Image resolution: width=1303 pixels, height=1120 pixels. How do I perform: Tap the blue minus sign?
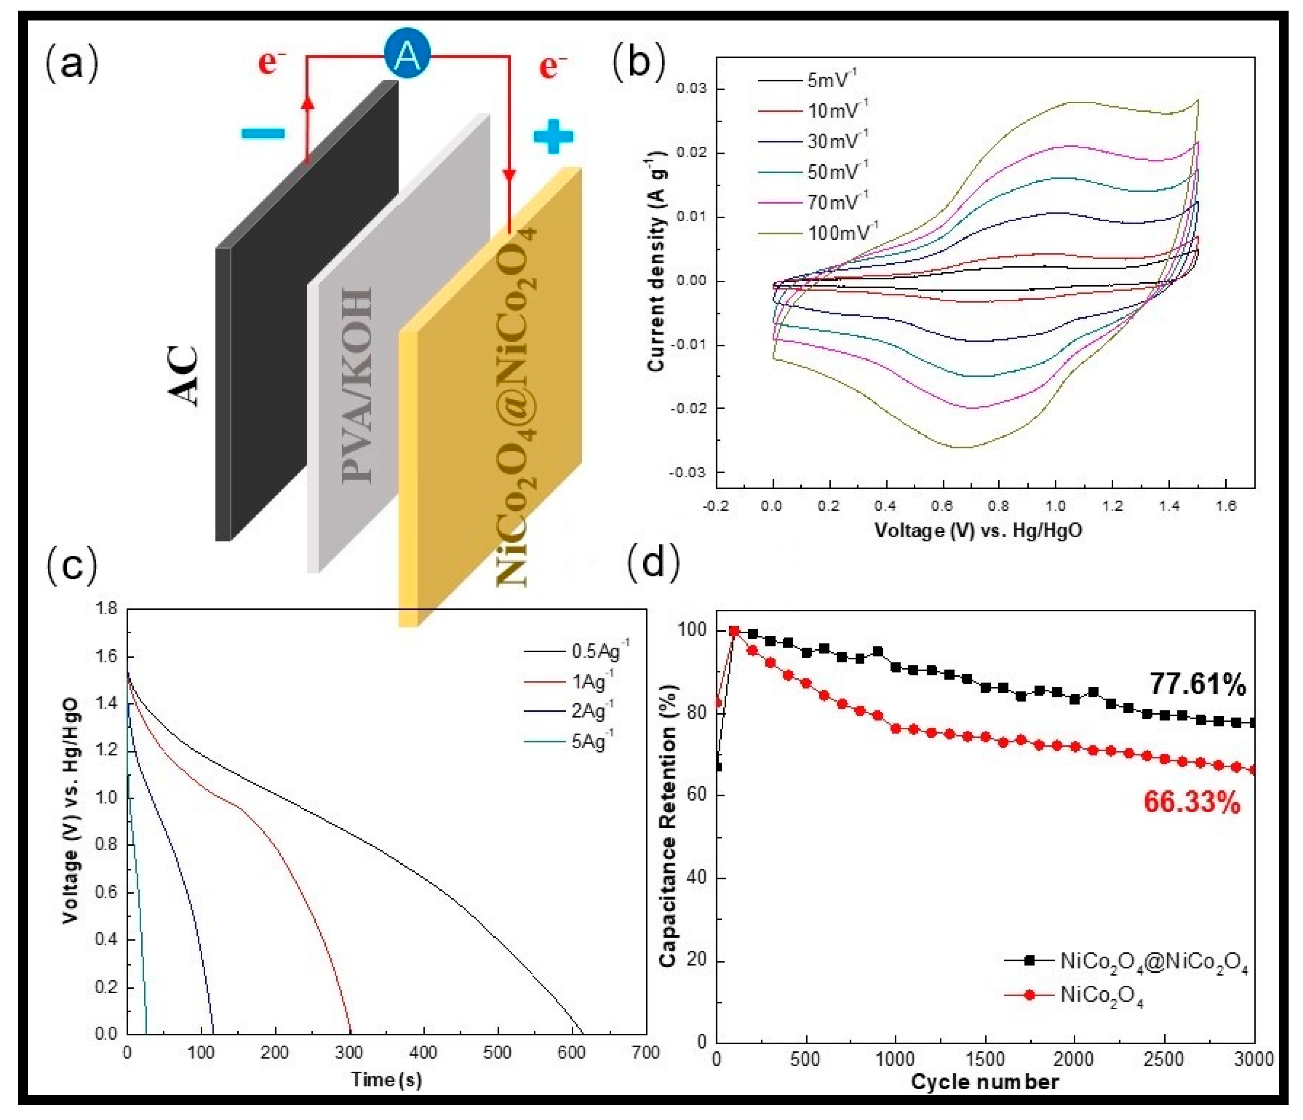tap(263, 133)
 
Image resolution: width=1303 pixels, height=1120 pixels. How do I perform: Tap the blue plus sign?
tap(553, 136)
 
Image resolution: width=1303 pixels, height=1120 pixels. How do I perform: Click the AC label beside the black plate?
tap(184, 376)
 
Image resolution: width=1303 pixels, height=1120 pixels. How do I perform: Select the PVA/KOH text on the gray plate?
tap(357, 385)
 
